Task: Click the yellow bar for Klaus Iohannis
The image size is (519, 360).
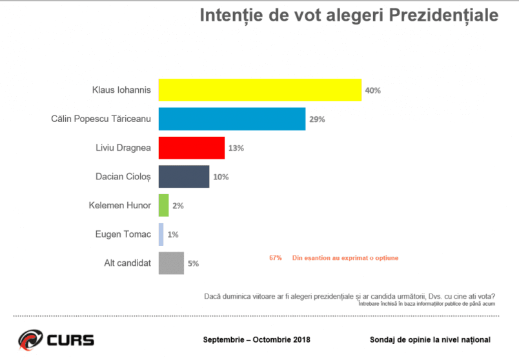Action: point(259,90)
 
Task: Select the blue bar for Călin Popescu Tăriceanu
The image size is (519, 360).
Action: point(232,119)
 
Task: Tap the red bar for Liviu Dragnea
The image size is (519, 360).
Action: point(191,148)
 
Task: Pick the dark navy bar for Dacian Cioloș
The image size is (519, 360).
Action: point(184,177)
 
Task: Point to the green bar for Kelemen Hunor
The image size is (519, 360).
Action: point(163,206)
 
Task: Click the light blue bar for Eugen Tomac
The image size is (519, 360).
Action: point(161,234)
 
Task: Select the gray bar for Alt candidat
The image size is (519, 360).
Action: point(171,263)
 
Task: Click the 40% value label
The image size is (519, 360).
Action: point(372,91)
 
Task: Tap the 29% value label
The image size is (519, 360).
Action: point(316,119)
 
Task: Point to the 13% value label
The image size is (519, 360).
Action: point(235,148)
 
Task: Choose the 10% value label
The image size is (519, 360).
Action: point(220,177)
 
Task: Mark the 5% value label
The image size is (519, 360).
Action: point(193,263)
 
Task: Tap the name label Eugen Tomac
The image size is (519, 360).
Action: point(123,234)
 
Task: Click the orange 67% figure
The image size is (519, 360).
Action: point(276,258)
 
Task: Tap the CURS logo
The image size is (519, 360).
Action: point(56,339)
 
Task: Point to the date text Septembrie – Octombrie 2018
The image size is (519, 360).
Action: point(256,340)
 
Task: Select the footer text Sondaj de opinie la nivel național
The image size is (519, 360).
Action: point(429,340)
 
